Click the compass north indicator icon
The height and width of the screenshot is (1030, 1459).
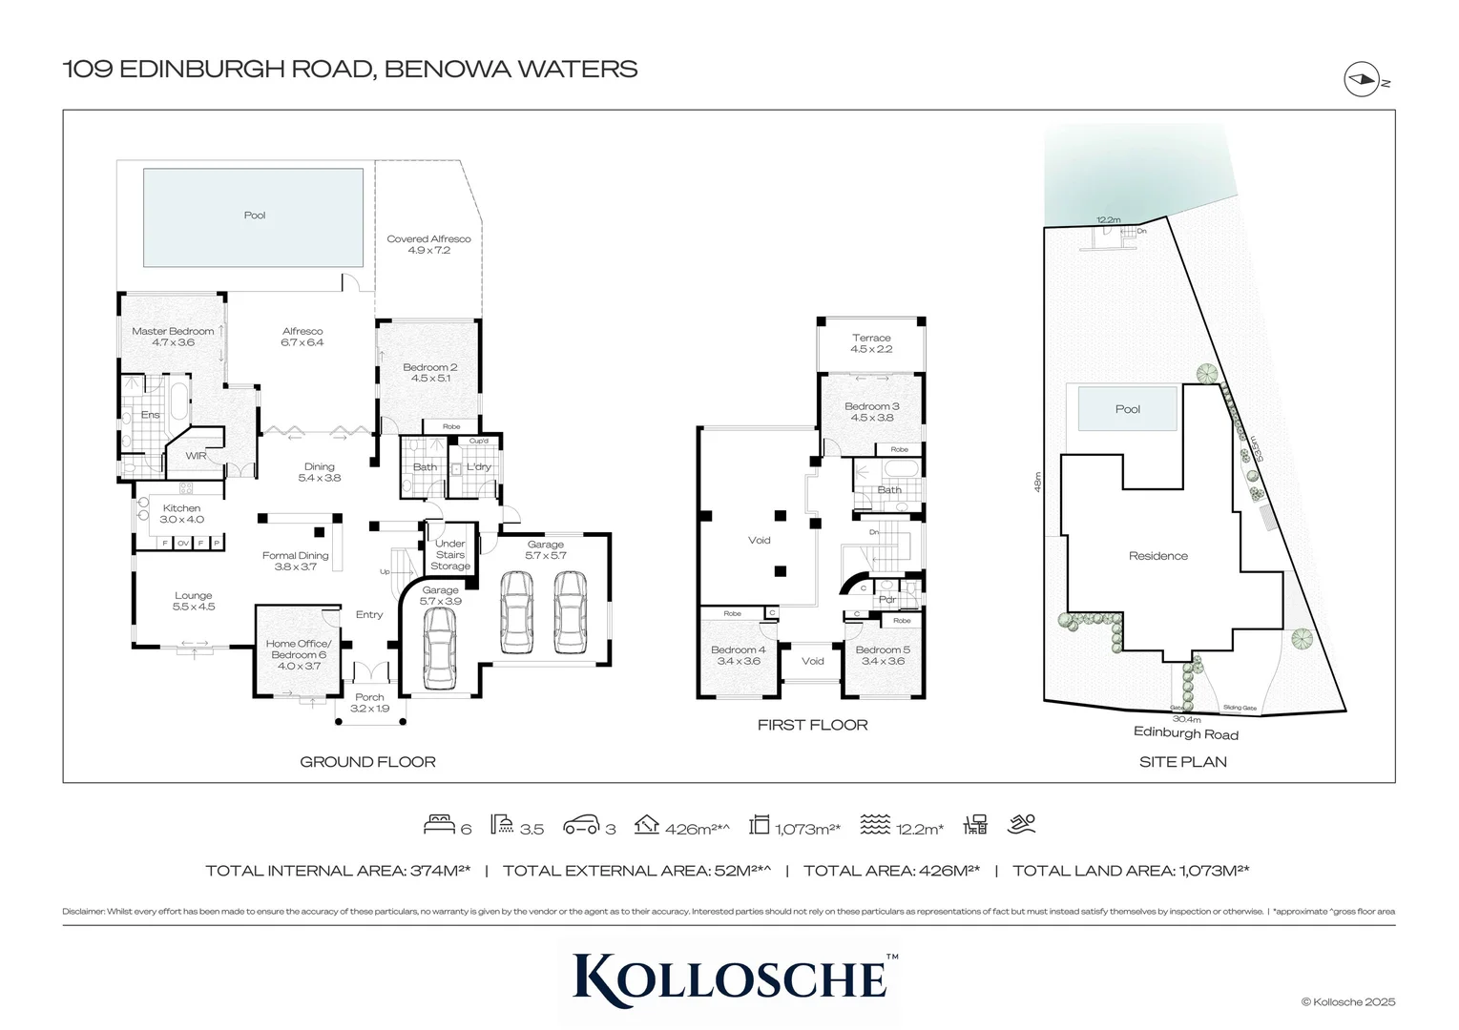[1362, 79]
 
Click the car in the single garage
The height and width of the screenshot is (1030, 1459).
[440, 649]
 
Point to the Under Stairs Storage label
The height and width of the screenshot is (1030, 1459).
[449, 555]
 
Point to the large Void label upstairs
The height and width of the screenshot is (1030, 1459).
[759, 541]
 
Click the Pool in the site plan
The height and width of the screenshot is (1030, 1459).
[1127, 409]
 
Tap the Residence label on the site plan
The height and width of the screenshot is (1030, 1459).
[1157, 556]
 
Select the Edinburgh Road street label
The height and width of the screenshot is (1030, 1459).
[1185, 734]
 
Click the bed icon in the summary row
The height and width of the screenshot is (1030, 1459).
[438, 825]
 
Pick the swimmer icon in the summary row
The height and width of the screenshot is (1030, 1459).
[1022, 824]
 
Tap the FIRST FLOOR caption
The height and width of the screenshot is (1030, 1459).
[812, 725]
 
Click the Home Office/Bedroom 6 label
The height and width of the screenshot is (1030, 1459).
[298, 654]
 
